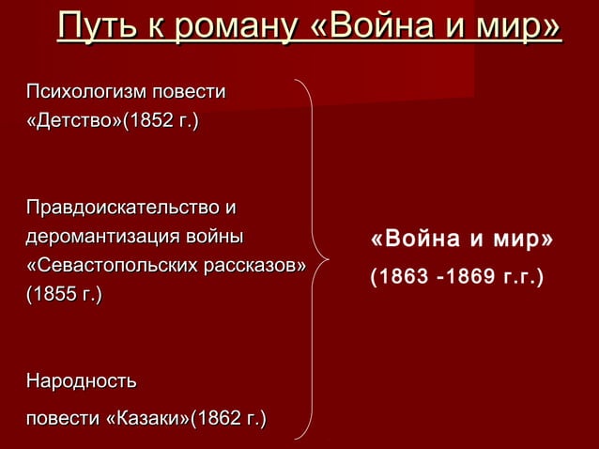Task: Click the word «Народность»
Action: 81,382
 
